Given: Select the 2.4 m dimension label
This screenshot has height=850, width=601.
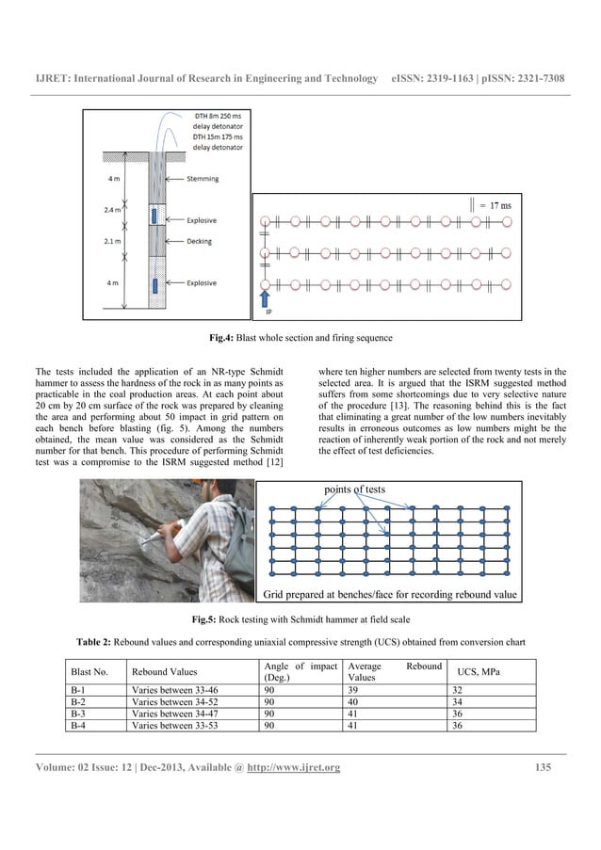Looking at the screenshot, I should click(x=112, y=210).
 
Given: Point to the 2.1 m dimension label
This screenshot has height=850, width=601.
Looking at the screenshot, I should click(x=112, y=241).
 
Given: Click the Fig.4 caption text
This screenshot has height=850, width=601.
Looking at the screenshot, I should click(x=300, y=336).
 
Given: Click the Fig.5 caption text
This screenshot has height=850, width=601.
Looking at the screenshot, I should click(x=300, y=619).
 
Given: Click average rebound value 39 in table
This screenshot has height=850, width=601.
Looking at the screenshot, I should click(x=354, y=690).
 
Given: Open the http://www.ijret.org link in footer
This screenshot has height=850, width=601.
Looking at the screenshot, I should click(x=293, y=768).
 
